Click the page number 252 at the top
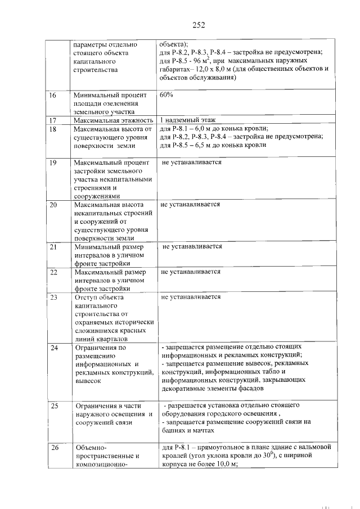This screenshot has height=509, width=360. pos(198,24)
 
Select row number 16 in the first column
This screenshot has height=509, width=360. pos(52,95)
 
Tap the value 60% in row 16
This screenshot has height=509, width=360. pos(167,95)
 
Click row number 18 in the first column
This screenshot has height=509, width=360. pos(52,129)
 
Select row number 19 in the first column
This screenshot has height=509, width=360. pos(52,163)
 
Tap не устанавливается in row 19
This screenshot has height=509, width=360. pos(192,163)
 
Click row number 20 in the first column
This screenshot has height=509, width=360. pos(52,205)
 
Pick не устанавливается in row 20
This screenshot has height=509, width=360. pos(190,205)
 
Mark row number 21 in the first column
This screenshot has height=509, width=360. pos(52,247)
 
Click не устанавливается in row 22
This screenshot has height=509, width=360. pos(190,272)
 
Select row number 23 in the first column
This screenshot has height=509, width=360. pos(52,297)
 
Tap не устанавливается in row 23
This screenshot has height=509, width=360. pos(190,296)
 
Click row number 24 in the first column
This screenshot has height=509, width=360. pos(52,348)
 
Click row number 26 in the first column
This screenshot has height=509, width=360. pos(52,448)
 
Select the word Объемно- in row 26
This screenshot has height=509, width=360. pos(89,448)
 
